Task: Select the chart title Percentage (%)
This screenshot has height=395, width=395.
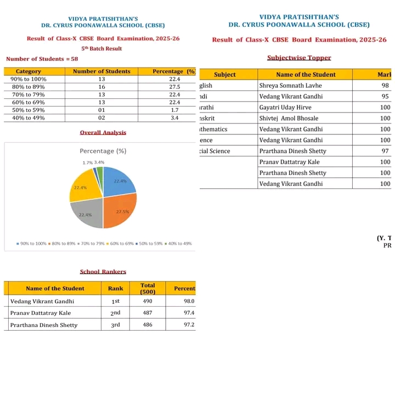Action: [103, 151]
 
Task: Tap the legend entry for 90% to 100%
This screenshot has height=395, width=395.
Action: [32, 244]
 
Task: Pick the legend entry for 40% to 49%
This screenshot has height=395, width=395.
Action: [178, 244]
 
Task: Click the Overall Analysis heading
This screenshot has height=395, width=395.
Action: [103, 132]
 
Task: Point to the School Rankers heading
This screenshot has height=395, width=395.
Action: [103, 272]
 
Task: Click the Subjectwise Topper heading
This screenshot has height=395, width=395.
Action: [299, 58]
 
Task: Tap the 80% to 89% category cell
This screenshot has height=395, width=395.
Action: [29, 87]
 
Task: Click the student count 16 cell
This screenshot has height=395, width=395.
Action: [101, 87]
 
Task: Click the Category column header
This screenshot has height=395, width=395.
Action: [29, 71]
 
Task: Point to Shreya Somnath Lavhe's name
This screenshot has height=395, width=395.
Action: [290, 86]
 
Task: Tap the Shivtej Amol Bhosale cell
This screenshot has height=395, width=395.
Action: [290, 119]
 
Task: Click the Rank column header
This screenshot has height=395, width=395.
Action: [115, 289]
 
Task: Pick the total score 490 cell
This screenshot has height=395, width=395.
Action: [148, 301]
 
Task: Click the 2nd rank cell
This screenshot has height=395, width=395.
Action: [115, 313]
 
